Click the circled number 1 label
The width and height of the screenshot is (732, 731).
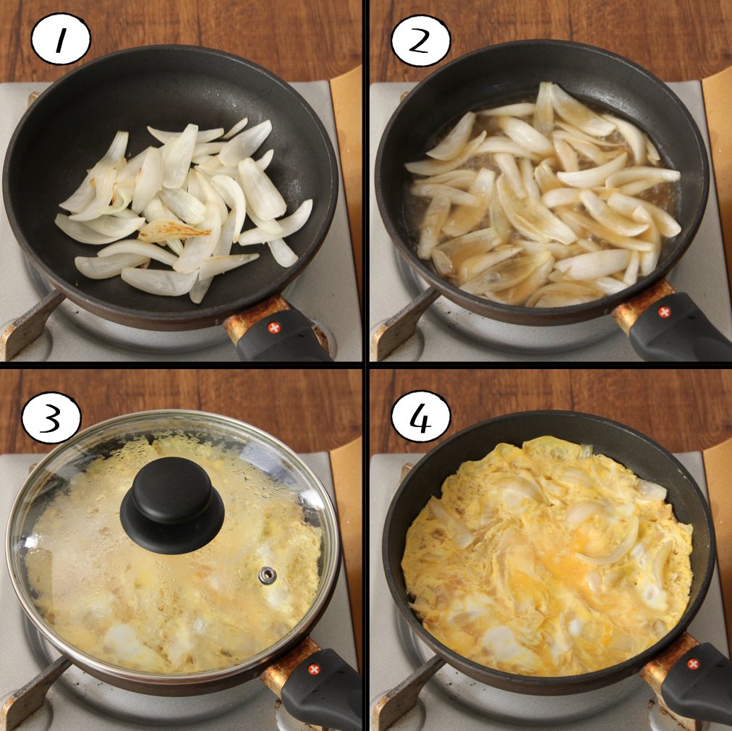coord(60,39)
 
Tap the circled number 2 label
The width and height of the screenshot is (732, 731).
coord(421,41)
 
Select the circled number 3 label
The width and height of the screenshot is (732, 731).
coord(51,417)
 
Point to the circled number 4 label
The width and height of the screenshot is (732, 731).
coord(421,416)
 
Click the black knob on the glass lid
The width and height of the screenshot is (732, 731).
coord(172,505)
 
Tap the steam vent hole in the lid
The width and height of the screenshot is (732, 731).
coord(268,575)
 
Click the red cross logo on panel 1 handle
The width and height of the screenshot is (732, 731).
coord(274,327)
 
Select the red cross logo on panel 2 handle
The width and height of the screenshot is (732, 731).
coord(663,312)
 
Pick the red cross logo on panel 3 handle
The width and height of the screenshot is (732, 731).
coord(314,669)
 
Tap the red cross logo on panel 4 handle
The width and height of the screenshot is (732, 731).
coord(693,664)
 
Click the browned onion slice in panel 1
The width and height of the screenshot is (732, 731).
coord(174,231)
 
